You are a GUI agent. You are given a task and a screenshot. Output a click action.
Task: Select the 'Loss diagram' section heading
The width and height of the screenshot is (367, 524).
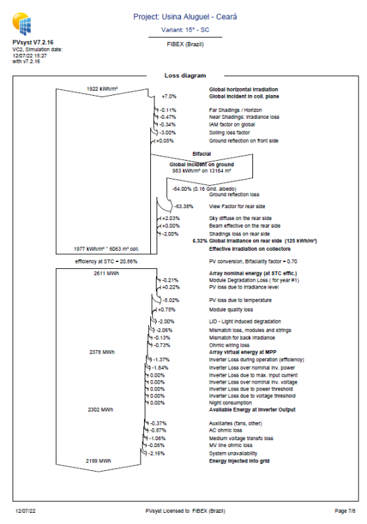(x=185, y=75)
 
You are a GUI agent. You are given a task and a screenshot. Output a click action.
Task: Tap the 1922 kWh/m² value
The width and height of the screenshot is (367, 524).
(x=102, y=89)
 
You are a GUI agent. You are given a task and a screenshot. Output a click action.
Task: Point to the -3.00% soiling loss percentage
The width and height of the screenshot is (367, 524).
(x=167, y=132)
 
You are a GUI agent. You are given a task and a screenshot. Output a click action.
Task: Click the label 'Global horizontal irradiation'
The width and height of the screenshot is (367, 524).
(x=243, y=89)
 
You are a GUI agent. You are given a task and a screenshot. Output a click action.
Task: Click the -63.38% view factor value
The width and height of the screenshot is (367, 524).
(x=184, y=207)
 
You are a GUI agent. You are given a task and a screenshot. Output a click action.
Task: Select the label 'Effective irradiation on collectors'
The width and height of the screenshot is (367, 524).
(x=250, y=248)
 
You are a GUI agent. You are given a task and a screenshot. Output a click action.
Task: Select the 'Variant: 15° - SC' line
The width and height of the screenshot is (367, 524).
(x=185, y=30)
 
